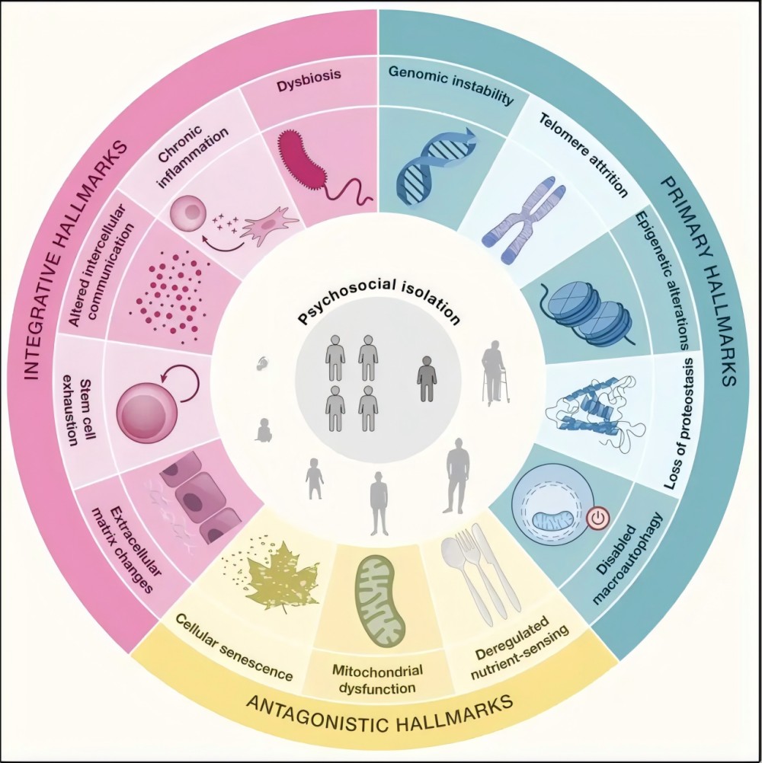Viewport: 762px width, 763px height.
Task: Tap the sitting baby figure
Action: coord(264,430)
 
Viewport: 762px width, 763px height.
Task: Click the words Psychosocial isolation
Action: coord(379,299)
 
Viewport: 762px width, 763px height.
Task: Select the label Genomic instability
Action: coord(450,87)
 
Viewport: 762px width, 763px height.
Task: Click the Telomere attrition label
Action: coord(584,154)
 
